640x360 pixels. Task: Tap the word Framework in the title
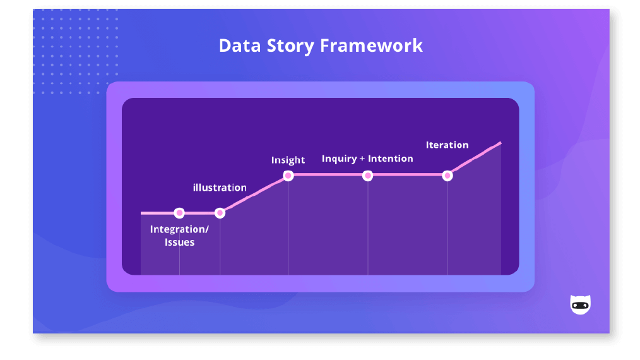coord(372,45)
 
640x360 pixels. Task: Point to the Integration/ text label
coord(179,229)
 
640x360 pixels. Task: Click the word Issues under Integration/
coord(179,243)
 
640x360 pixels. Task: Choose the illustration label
coord(220,188)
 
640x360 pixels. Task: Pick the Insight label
coord(288,160)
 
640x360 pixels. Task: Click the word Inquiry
coord(339,159)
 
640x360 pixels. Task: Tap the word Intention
coord(390,159)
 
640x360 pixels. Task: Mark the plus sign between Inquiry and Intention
coord(362,159)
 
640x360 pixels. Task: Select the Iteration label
coord(447,145)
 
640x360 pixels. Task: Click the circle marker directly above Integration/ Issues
coord(179,213)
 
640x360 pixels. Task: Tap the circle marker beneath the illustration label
coord(220,213)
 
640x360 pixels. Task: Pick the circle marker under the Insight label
coord(288,175)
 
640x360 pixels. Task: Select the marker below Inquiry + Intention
coord(368,175)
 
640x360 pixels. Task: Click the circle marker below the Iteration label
coord(447,175)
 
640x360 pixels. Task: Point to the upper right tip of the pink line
coord(500,143)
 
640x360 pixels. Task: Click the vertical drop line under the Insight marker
coord(288,227)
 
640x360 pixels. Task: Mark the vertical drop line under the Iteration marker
coord(447,227)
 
